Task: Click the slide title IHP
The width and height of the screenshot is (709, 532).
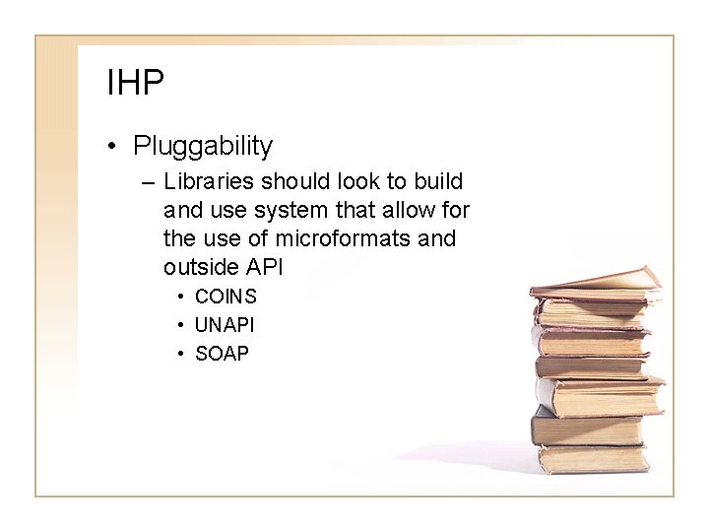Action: tap(135, 84)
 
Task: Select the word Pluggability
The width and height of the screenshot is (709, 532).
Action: tap(203, 147)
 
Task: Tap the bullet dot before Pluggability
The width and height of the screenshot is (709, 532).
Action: tap(115, 148)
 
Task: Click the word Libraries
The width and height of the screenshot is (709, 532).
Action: tap(206, 182)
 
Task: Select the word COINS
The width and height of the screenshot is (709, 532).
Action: tap(226, 297)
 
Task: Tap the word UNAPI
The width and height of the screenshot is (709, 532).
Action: tap(226, 325)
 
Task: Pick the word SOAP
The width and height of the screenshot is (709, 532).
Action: tap(223, 354)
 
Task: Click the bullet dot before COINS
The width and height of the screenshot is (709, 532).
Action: tap(182, 298)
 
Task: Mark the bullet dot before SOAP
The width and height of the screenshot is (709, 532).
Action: tap(182, 355)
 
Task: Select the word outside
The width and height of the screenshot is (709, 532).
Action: tap(200, 267)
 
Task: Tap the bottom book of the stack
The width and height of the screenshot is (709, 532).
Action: tap(592, 459)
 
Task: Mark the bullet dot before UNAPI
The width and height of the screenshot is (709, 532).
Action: tap(182, 326)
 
